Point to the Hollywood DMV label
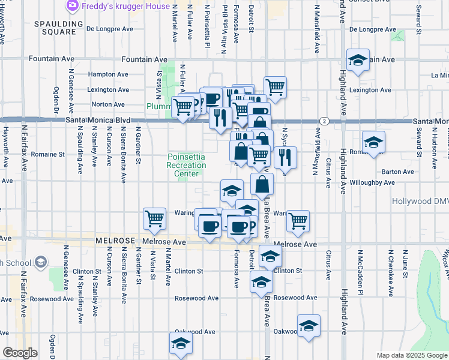420,202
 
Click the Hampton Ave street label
109,74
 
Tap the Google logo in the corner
19,353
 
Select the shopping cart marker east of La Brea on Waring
298,220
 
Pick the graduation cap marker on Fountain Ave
358,60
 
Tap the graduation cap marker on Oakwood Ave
309,325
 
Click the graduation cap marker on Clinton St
270,256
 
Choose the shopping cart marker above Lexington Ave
275,86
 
